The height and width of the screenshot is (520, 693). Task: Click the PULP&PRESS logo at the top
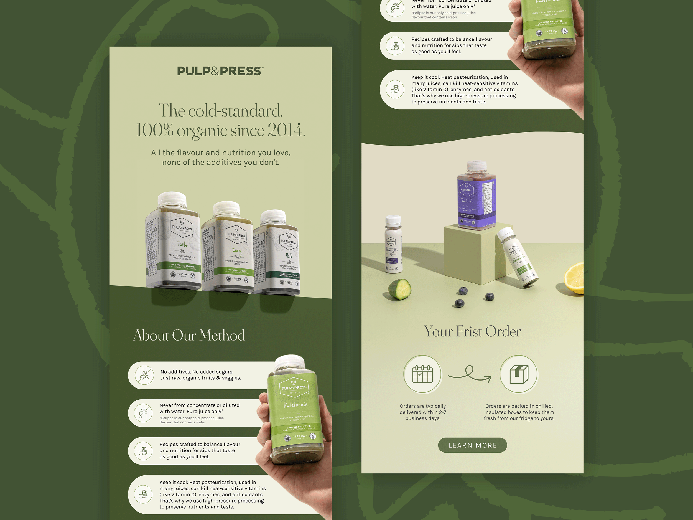(x=220, y=71)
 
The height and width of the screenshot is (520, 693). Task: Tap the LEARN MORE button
(x=472, y=445)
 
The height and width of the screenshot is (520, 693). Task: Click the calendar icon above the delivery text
(x=422, y=374)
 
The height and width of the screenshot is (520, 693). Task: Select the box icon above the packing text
(x=519, y=374)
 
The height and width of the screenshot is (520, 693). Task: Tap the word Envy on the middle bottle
(x=236, y=251)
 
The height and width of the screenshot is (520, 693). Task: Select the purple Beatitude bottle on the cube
(x=476, y=196)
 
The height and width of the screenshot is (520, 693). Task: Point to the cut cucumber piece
(x=400, y=289)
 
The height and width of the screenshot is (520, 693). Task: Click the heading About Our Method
(x=189, y=335)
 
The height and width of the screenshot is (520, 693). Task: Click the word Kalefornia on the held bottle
(x=295, y=405)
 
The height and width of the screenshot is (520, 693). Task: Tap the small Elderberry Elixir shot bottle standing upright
(x=393, y=245)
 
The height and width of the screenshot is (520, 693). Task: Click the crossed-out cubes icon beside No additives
(x=144, y=375)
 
